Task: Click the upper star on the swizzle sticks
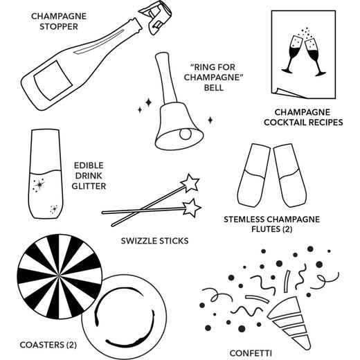click(189, 184)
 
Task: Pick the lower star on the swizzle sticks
click(192, 206)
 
